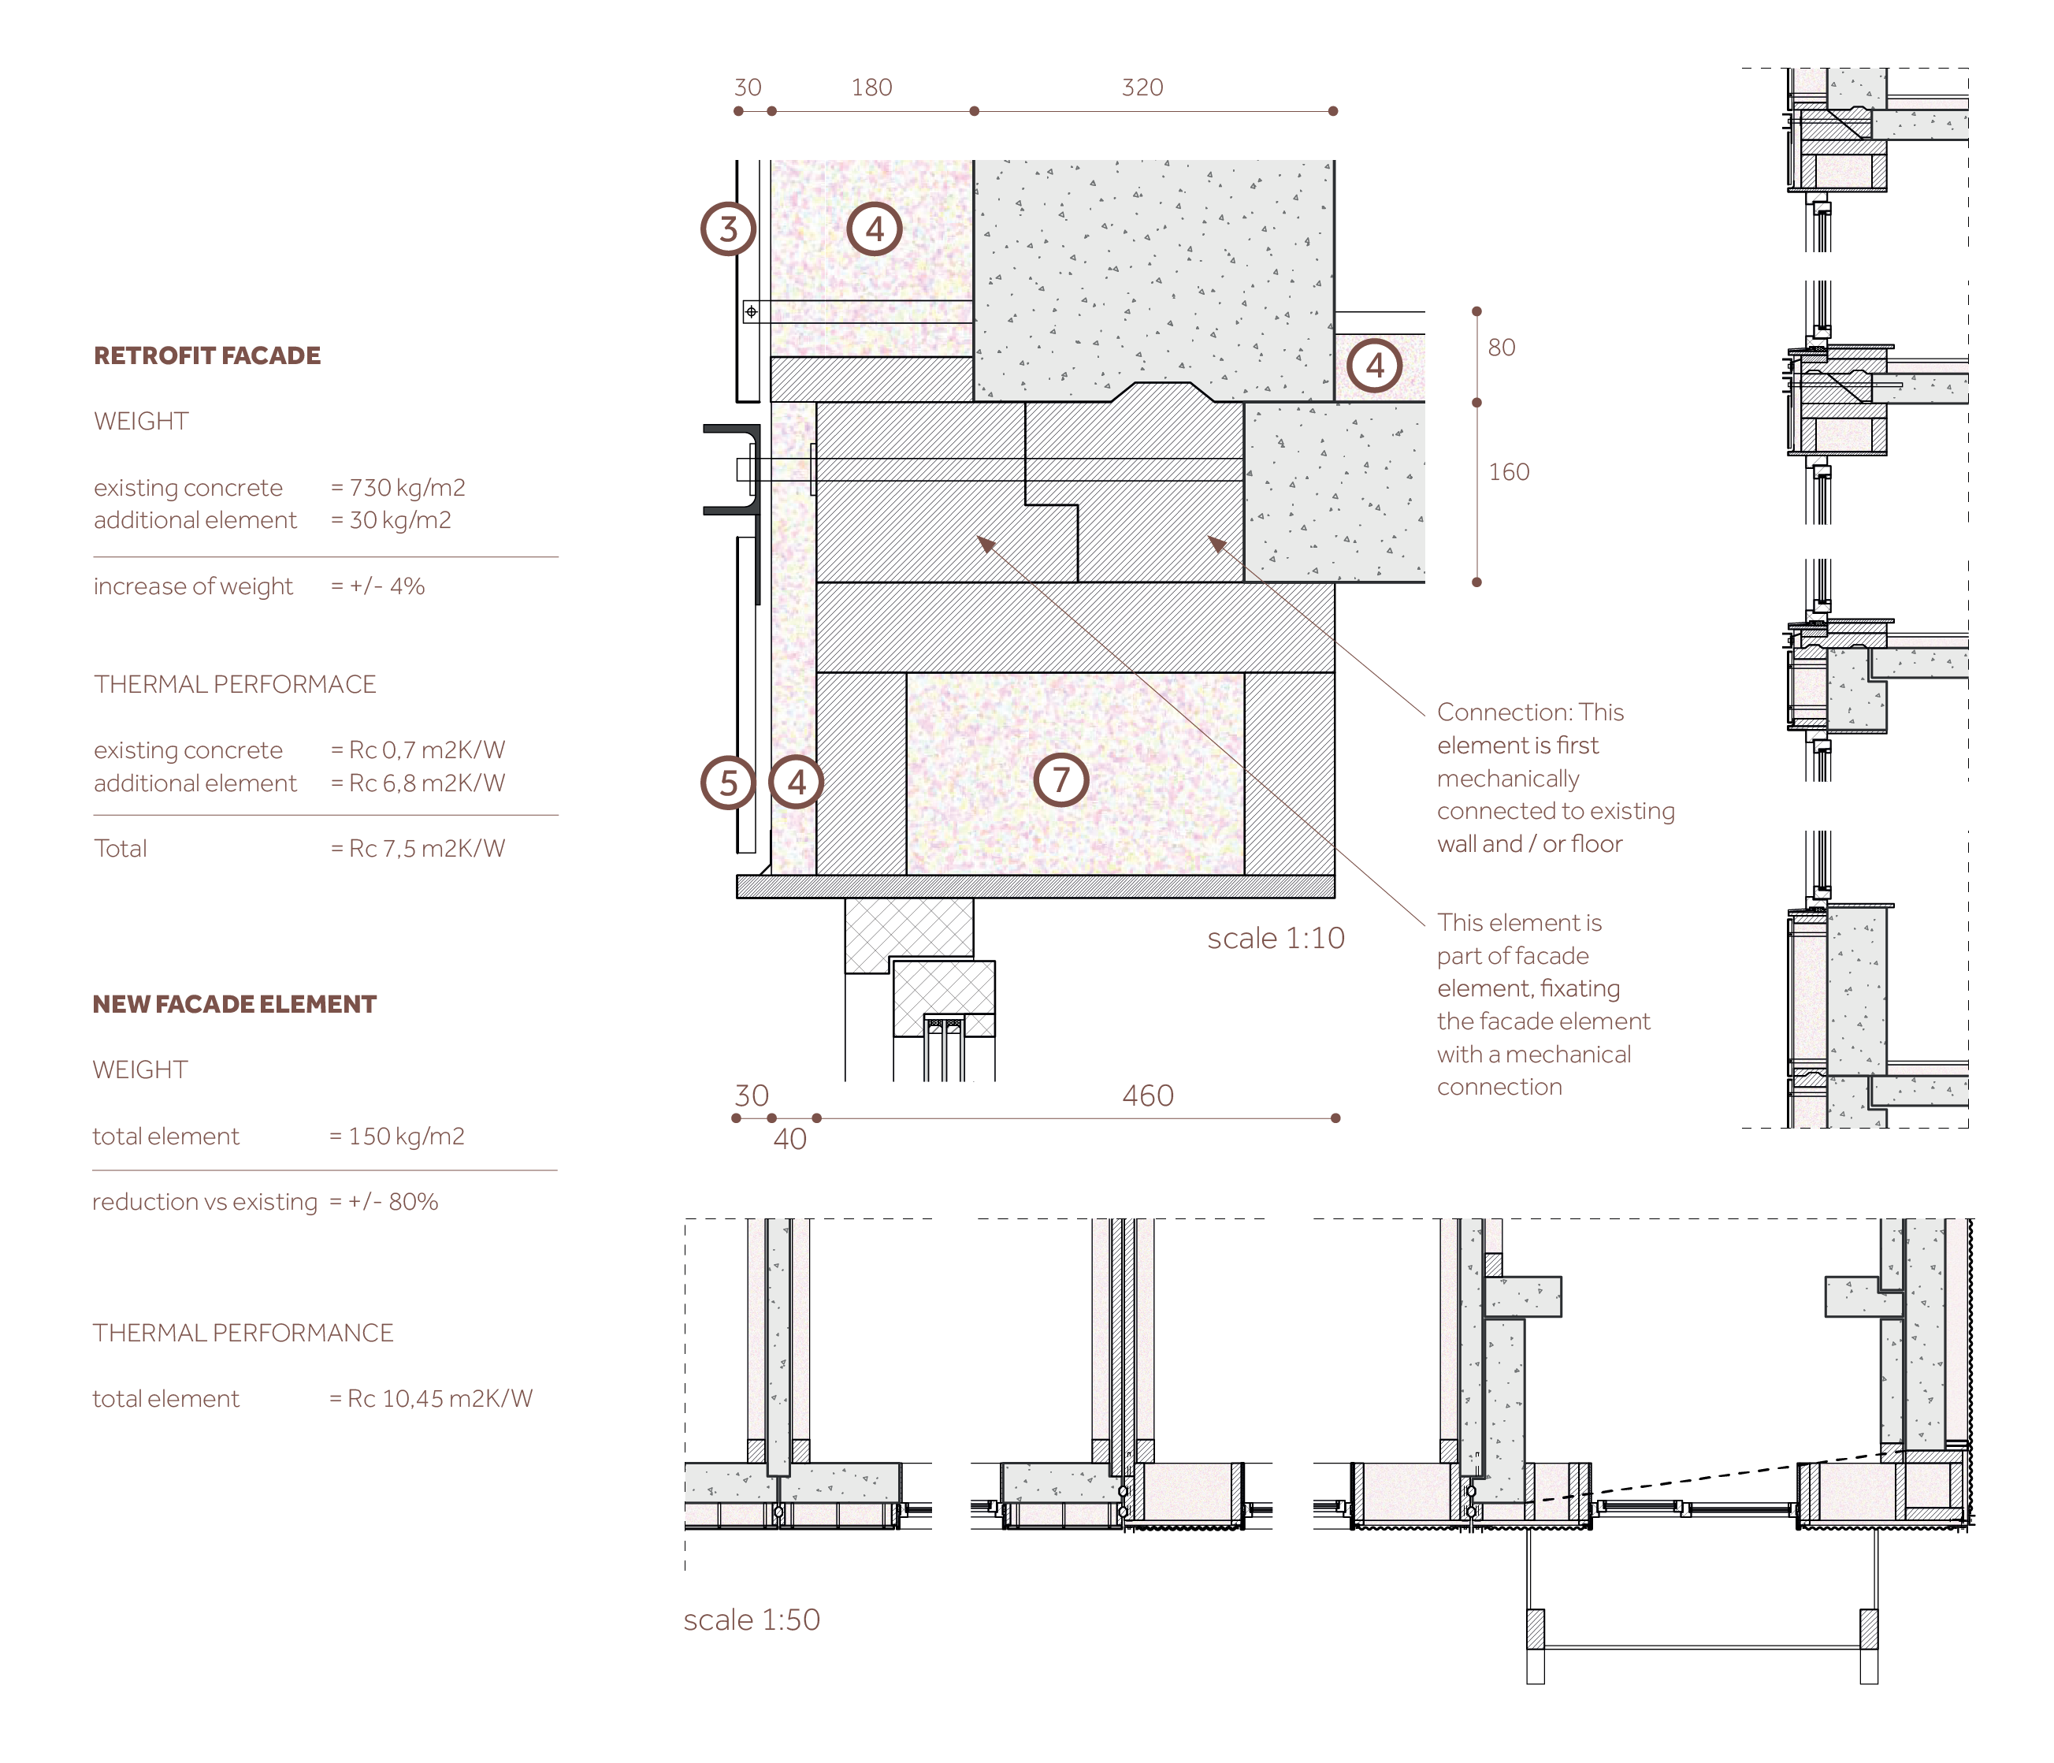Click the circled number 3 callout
(729, 229)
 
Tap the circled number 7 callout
(1060, 779)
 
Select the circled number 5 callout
(729, 783)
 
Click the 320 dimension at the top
(1142, 87)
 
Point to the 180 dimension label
(871, 87)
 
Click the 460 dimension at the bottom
(1148, 1095)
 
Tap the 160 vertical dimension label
(1509, 472)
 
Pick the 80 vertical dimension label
(1501, 347)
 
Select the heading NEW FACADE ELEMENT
(234, 1005)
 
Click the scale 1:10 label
(1276, 938)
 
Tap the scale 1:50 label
(752, 1620)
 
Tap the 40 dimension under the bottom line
(790, 1140)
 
